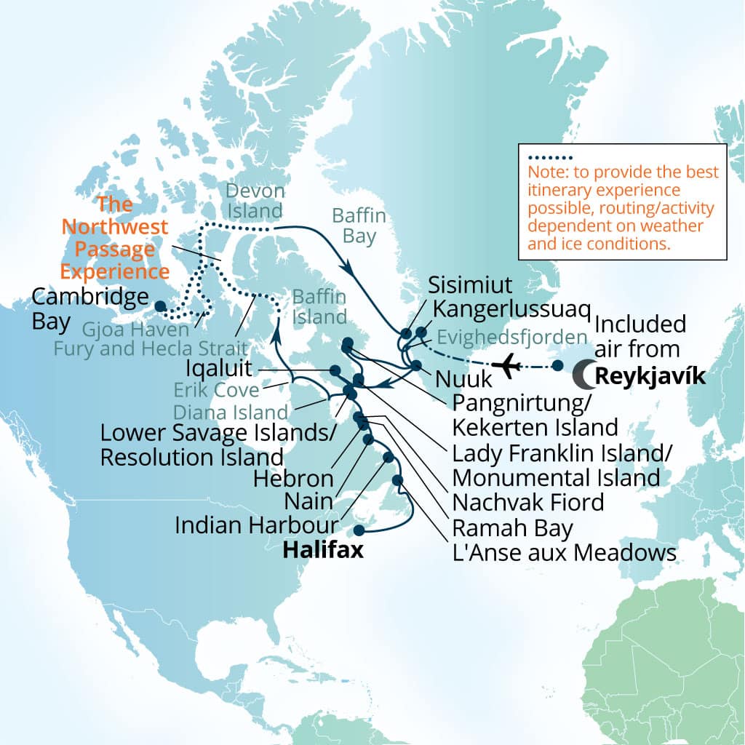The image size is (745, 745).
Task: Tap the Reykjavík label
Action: (650, 375)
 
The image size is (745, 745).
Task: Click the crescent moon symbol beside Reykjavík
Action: (582, 375)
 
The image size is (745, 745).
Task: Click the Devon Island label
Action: (253, 201)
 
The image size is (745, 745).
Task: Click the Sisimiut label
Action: (470, 284)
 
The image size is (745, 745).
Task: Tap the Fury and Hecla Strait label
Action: (151, 348)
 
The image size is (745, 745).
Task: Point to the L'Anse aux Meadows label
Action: (565, 552)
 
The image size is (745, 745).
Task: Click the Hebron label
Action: (293, 479)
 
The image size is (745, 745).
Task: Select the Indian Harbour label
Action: (258, 525)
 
